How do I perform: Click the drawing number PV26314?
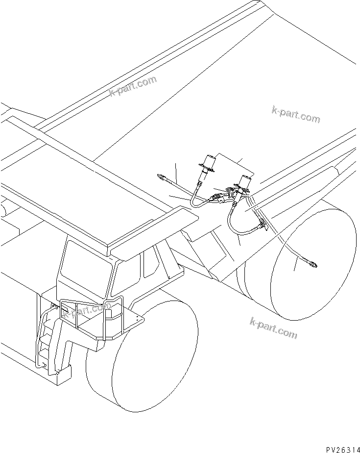click(335, 448)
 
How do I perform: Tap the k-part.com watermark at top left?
click(133, 87)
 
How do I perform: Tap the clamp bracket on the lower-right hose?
click(261, 225)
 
